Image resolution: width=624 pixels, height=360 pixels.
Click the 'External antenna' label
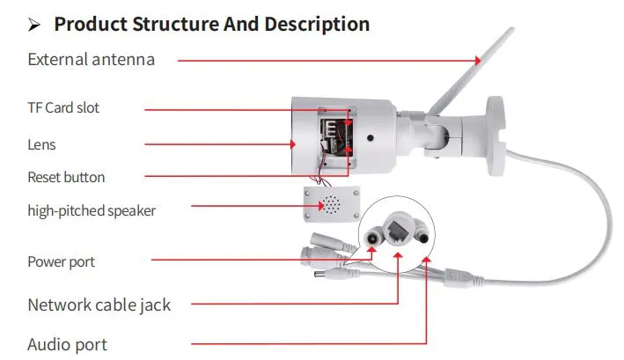tap(92, 60)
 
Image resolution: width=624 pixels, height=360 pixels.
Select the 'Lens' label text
tap(42, 143)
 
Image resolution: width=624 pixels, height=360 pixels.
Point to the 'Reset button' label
tap(66, 177)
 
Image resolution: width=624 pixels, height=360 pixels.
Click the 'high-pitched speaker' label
tap(92, 210)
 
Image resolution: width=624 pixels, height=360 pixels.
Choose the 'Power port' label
tap(62, 261)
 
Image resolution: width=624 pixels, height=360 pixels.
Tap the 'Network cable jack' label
tap(99, 305)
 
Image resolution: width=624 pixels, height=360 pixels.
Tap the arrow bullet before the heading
tap(35, 24)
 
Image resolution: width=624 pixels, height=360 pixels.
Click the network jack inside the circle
tap(398, 230)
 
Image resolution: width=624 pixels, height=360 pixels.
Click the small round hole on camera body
tap(372, 138)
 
